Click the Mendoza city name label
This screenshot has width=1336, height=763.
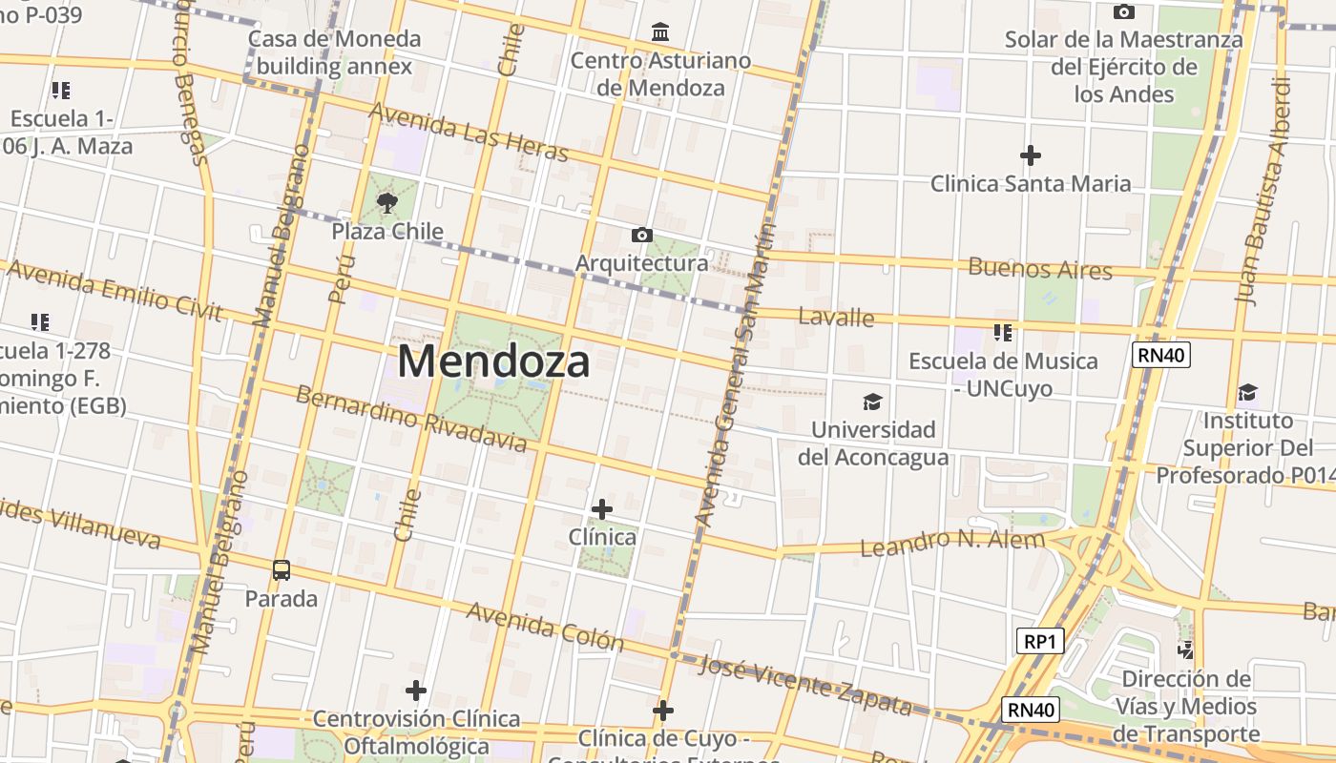[x=493, y=362]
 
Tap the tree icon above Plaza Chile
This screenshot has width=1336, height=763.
[x=387, y=202]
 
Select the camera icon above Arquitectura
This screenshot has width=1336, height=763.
[x=642, y=235]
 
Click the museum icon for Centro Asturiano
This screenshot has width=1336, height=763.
[x=660, y=32]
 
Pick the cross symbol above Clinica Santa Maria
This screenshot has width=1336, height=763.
[x=1031, y=155]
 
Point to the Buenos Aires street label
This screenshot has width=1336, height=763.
[x=1040, y=268]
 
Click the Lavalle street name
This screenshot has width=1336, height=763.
[x=836, y=317]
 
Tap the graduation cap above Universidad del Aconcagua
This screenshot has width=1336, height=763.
[x=872, y=402]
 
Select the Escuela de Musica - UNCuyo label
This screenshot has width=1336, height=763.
[x=1003, y=375]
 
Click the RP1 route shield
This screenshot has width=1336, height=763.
[x=1038, y=641]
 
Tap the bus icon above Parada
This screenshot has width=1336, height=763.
[x=282, y=570]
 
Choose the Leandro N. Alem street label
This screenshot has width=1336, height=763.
[x=952, y=542]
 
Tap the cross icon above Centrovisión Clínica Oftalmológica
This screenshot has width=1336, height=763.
[x=416, y=690]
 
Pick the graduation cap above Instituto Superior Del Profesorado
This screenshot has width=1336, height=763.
[x=1247, y=393]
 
